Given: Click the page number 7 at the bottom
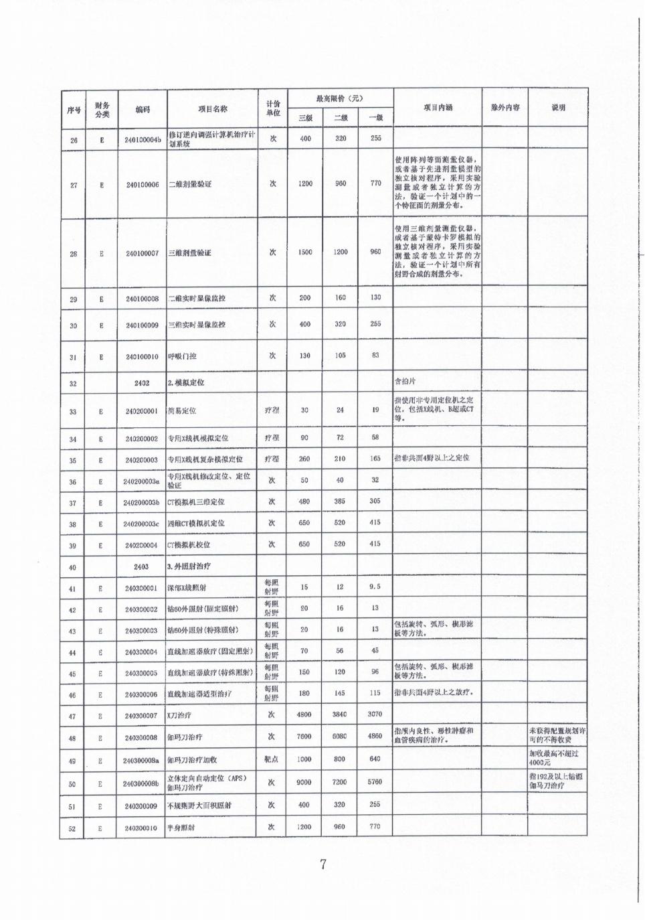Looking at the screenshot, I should click(x=322, y=864).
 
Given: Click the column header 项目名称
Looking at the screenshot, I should click(x=212, y=109).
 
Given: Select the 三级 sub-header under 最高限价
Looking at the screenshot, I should click(x=305, y=118).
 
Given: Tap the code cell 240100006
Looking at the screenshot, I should click(x=142, y=184).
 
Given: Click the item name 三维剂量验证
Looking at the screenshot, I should click(x=189, y=253).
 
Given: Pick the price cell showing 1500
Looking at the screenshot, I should click(x=305, y=252).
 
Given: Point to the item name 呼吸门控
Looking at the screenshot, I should click(x=181, y=357).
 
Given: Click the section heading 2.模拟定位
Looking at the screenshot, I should click(x=186, y=383).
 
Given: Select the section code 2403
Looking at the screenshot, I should click(x=141, y=566).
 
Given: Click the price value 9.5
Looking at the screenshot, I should click(x=375, y=587).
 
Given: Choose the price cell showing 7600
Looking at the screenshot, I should click(x=304, y=737).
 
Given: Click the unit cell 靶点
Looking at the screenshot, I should click(x=272, y=759).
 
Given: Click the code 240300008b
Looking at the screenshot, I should click(x=141, y=783).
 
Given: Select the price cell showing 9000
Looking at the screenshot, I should click(x=304, y=782).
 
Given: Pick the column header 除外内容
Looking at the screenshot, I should click(x=504, y=108).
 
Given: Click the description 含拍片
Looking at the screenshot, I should click(x=405, y=382).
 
